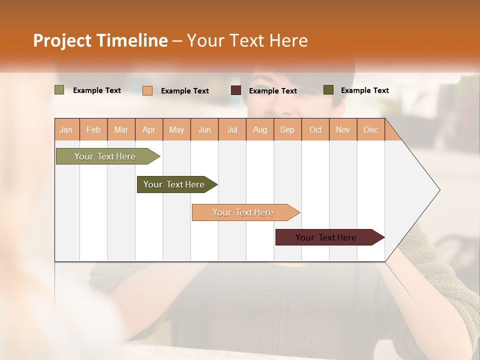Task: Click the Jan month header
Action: (x=66, y=129)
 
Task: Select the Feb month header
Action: (x=93, y=129)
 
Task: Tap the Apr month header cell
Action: (x=149, y=129)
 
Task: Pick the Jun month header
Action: (x=204, y=129)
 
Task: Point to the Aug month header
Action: (x=260, y=129)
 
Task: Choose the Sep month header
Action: (x=287, y=129)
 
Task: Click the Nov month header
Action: (x=343, y=129)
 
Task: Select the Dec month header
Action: (x=370, y=129)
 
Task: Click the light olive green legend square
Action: (x=59, y=90)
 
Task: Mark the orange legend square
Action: (x=147, y=90)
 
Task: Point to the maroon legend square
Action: (x=236, y=90)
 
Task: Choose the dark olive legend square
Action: (x=328, y=90)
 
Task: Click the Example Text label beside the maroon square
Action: (x=273, y=91)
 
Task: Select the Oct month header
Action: (x=315, y=129)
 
